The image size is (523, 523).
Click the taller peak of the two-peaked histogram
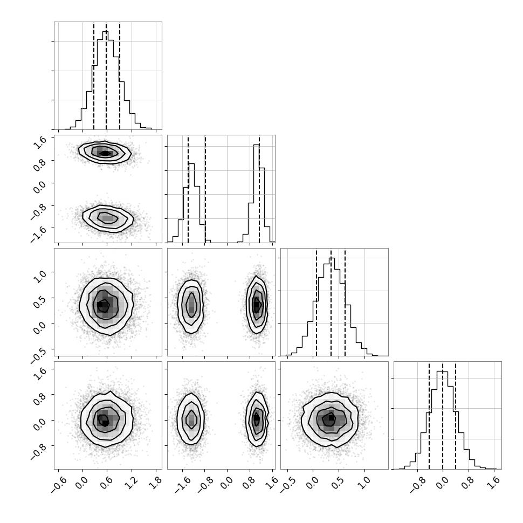coord(256,144)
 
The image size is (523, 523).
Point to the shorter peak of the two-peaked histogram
coord(191,163)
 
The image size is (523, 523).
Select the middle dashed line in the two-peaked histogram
coord(205,189)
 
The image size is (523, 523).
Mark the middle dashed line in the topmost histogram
coord(106,75)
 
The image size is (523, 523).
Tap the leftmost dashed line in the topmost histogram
coord(94,75)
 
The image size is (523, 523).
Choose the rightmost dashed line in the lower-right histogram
coord(455,415)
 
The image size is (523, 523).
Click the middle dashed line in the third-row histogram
coord(331,302)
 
